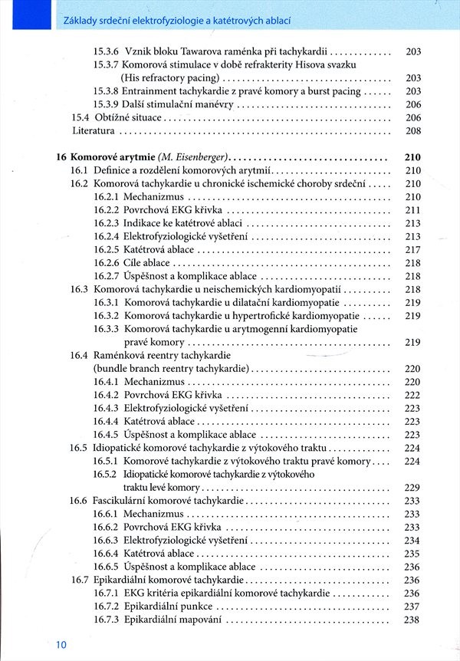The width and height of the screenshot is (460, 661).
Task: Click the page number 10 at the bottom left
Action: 61,646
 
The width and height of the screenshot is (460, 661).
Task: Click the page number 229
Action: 412,488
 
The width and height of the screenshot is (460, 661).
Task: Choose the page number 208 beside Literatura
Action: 413,130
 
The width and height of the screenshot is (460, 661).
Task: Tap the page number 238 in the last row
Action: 412,620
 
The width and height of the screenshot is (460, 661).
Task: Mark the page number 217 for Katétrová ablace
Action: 412,249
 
